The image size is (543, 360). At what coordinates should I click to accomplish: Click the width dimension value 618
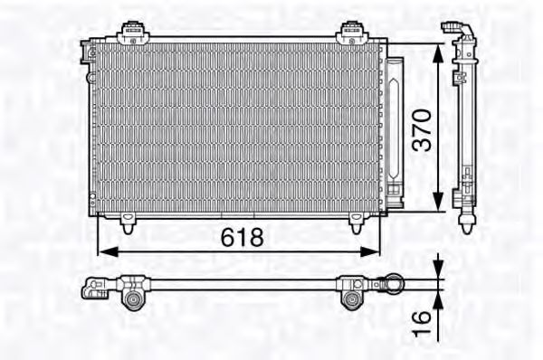pyautogui.click(x=243, y=238)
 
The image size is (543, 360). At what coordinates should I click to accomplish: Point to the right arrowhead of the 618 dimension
pyautogui.click(x=374, y=250)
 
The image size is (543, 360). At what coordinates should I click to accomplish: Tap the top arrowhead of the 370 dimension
pyautogui.click(x=440, y=47)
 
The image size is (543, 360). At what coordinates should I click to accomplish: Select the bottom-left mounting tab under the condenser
pyautogui.click(x=129, y=218)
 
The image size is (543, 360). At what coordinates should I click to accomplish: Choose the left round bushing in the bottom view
pyautogui.click(x=133, y=301)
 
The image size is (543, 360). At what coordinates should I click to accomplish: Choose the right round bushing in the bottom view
pyautogui.click(x=350, y=300)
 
